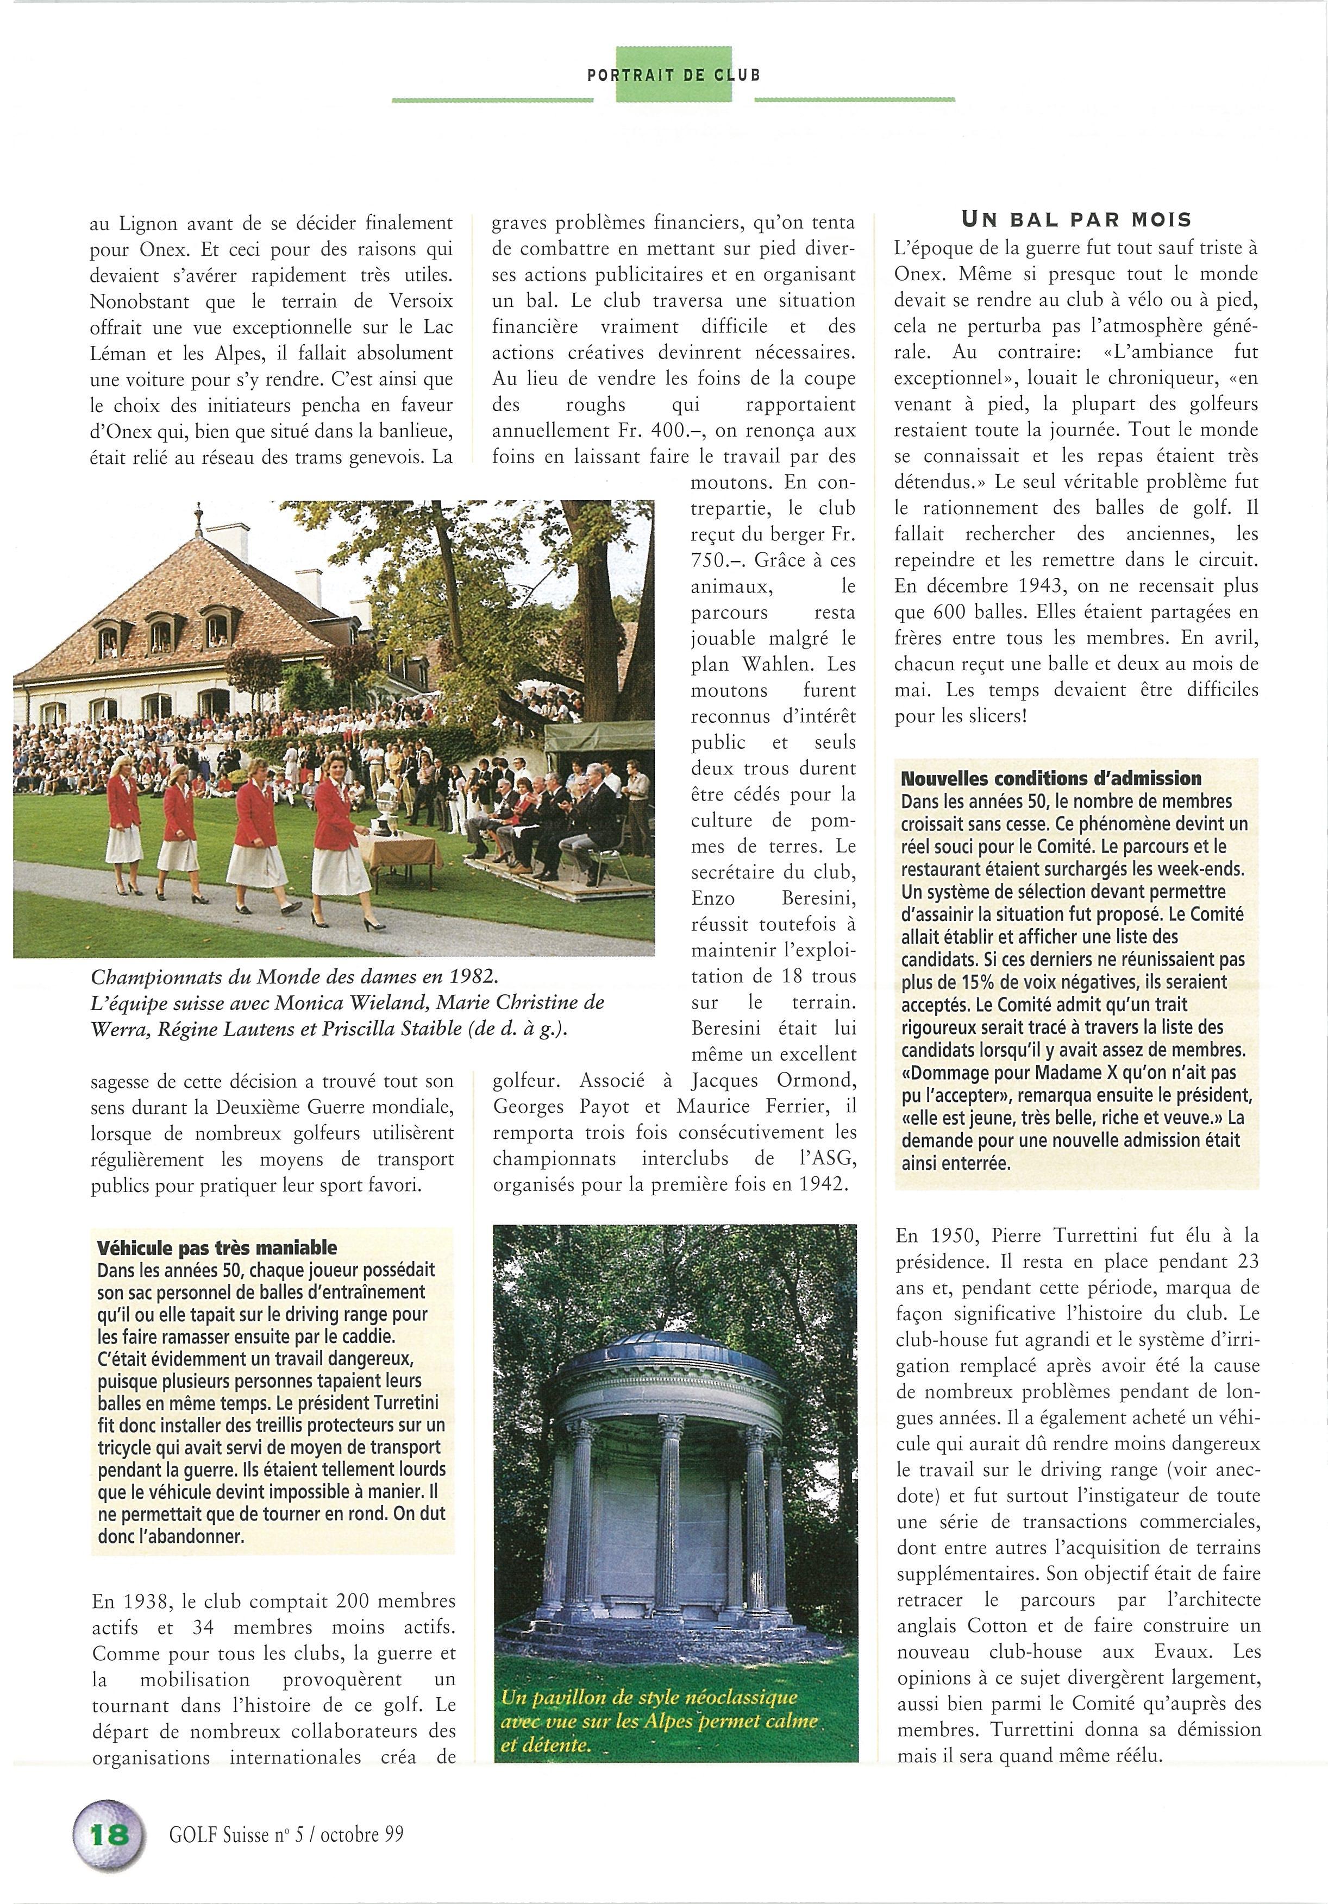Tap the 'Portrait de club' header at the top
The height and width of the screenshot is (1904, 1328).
click(674, 74)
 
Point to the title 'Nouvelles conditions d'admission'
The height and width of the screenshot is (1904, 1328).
click(1050, 779)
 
